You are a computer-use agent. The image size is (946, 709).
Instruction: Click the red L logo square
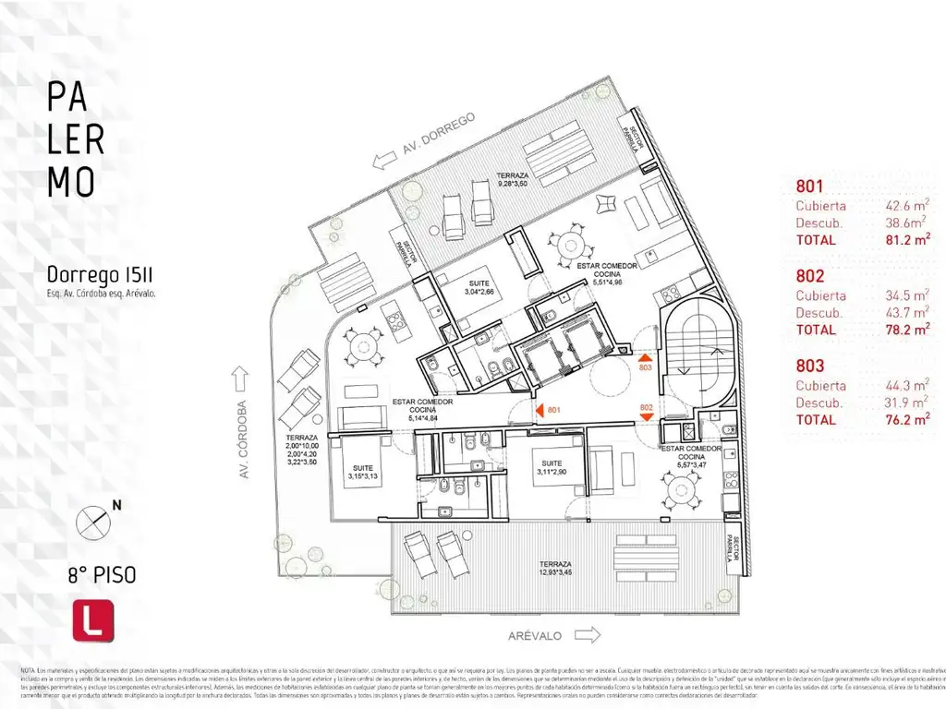[x=92, y=620]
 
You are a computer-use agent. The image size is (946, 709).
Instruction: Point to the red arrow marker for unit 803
[x=646, y=357]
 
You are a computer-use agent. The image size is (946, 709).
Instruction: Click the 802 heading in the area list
[x=809, y=275]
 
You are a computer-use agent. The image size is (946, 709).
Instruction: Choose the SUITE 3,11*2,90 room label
[x=552, y=468]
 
